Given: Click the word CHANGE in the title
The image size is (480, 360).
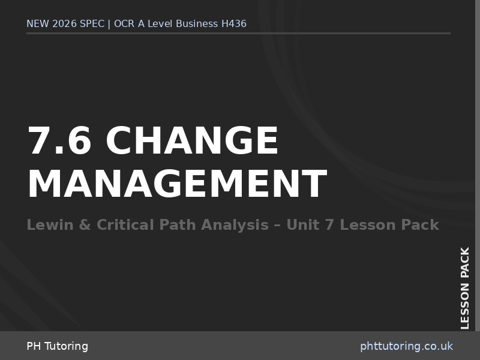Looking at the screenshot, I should (192, 141).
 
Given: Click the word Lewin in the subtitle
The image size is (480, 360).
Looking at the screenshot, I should (47, 225).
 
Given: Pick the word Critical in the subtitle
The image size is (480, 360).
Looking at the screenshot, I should (125, 225).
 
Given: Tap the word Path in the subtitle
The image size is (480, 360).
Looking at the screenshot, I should (178, 225).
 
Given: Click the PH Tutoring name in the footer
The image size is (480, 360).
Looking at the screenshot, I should (57, 346).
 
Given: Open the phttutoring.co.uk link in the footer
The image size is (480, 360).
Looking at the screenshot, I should (406, 346).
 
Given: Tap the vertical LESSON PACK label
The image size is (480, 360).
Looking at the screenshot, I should (465, 288).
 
